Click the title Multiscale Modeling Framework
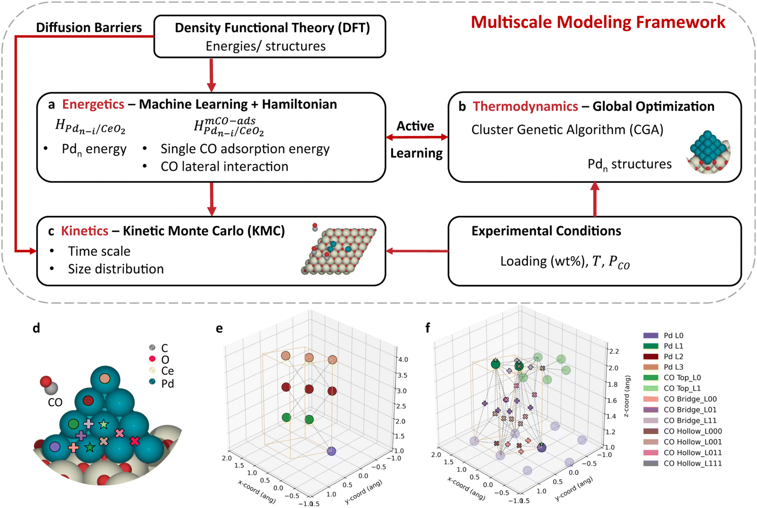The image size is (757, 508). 598,23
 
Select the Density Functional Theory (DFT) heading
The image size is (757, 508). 272,28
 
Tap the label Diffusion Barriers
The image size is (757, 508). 89,28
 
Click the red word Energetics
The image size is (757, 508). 93,105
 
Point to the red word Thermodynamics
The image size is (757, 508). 525,106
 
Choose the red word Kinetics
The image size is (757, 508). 85,231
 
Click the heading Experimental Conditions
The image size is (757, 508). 546,231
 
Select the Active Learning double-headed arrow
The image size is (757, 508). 417,137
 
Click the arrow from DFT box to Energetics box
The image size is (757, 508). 211,75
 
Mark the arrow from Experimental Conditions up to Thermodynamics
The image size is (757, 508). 595,199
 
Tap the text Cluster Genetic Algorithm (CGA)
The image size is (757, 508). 568,130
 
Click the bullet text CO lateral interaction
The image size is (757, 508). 224,167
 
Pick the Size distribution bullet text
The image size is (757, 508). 116,269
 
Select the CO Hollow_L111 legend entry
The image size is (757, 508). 682,463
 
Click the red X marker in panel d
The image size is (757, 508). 135,441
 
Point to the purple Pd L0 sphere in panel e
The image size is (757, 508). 332,451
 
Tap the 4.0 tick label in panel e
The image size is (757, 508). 403,359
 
